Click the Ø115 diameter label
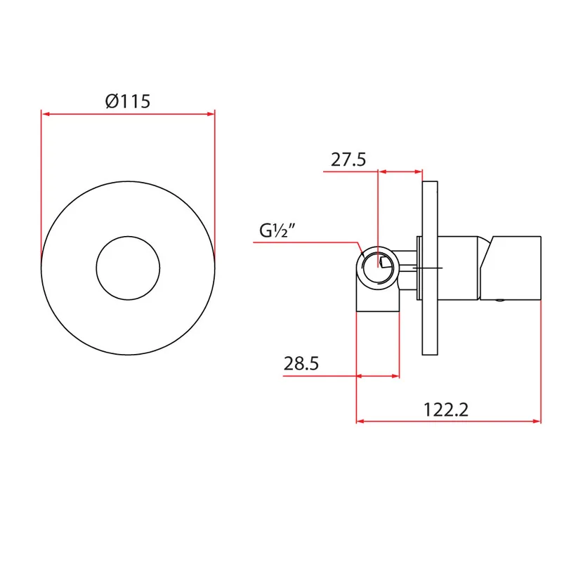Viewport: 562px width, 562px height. (128, 101)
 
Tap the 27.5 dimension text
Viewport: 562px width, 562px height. (348, 160)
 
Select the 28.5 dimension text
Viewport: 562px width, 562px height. (301, 363)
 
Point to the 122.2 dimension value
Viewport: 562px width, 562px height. (446, 410)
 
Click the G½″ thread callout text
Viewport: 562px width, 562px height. (277, 230)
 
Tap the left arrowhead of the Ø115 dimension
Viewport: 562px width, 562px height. (46, 114)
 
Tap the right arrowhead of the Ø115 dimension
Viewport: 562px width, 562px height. (211, 114)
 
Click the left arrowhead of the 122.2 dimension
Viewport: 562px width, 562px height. (360, 421)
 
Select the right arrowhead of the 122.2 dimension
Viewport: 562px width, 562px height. (537, 421)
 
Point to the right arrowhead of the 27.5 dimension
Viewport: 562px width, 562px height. (419, 171)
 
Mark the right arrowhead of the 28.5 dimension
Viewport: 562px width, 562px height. (396, 376)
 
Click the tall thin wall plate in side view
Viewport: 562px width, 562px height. (430, 268)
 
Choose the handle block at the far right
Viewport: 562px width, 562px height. (511, 268)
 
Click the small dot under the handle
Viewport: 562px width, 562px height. (499, 301)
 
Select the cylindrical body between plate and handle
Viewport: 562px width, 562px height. (459, 268)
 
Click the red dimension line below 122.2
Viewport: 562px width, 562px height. (449, 421)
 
